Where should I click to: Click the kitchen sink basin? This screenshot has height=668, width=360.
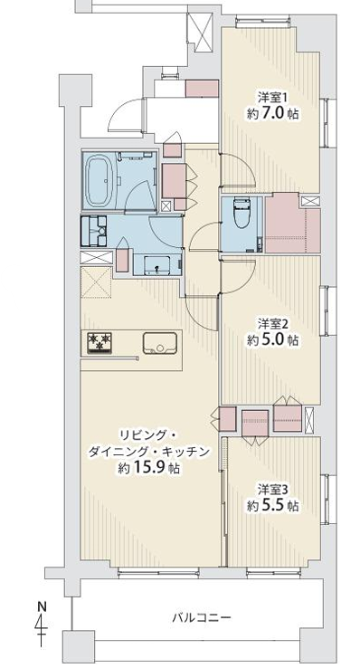tap(159, 343)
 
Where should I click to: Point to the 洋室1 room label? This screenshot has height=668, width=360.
tap(272, 98)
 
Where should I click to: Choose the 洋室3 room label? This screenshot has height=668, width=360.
tap(272, 489)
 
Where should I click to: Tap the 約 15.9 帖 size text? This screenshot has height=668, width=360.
tap(148, 468)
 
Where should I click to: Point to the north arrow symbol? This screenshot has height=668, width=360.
tap(42, 627)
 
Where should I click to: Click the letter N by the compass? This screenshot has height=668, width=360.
tap(42, 606)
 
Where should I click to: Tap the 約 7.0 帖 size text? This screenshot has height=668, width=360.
tap(272, 114)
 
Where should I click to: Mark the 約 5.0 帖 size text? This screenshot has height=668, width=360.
tap(272, 340)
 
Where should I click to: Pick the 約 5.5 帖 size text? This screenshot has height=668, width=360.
tap(272, 506)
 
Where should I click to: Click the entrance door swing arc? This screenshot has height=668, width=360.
tap(117, 109)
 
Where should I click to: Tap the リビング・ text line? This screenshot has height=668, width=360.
tap(147, 434)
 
